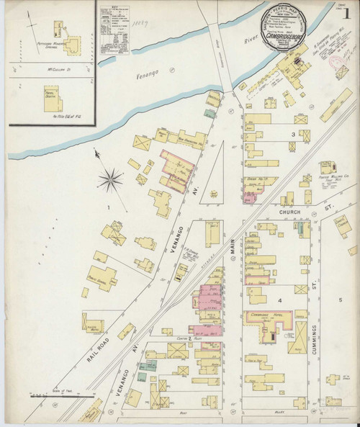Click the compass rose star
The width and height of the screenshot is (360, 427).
pos(112,179)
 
